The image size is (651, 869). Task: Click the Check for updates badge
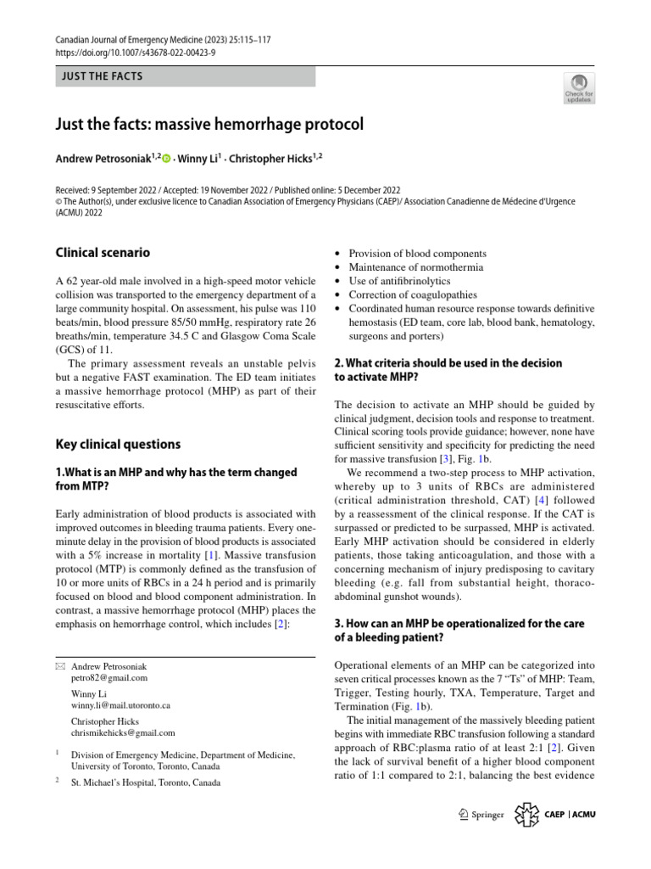[579, 88]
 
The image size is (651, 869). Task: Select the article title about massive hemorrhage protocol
[209, 124]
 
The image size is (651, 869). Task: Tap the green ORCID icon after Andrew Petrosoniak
[166, 158]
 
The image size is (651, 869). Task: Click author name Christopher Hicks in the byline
[264, 158]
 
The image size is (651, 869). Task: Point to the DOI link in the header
[136, 52]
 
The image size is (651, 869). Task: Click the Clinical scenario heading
[103, 252]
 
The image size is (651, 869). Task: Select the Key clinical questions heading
[118, 444]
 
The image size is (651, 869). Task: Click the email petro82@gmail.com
[109, 678]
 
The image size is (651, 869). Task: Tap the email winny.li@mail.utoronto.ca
[121, 705]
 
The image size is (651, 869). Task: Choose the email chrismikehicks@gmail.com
[123, 732]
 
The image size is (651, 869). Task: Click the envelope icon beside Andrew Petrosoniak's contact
[59, 667]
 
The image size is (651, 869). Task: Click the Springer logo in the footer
[481, 815]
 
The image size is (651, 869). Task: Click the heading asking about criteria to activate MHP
[448, 369]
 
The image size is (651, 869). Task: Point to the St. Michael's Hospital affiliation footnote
[146, 783]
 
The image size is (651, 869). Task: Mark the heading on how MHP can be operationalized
[459, 631]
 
